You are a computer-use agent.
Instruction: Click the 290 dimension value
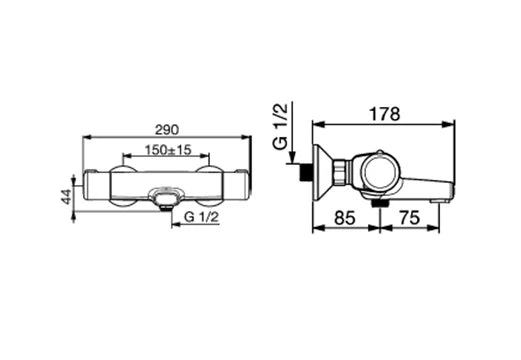[167, 130]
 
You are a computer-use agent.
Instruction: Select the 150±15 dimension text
[168, 150]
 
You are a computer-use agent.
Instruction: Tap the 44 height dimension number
[67, 196]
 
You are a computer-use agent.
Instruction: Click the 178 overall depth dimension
[384, 114]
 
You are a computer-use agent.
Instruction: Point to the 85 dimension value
[345, 218]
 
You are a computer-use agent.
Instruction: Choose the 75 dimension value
[409, 218]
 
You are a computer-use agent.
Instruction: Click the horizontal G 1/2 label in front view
[201, 217]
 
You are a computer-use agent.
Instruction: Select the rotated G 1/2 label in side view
[280, 127]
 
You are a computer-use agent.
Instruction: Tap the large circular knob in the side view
[380, 172]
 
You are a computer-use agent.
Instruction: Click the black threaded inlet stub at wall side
[304, 172]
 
